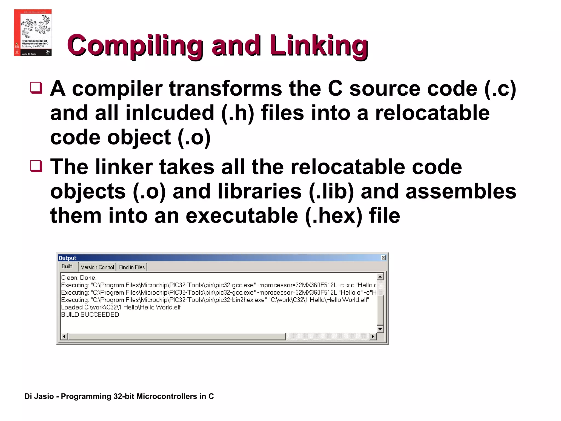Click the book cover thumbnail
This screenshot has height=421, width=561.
pos(33,33)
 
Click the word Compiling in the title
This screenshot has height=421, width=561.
pos(134,45)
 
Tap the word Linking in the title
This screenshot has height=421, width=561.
pos(319,45)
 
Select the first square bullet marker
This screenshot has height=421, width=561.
pos(36,88)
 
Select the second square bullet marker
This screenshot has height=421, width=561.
pos(36,166)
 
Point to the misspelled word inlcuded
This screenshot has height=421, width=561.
pos(170,113)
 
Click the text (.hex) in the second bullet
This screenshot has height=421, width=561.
pos(333,216)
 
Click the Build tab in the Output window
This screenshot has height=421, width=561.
pos(67,266)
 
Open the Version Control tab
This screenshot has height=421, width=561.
pos(97,267)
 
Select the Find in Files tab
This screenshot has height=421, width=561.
pos(132,267)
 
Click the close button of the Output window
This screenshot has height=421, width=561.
pos(383,258)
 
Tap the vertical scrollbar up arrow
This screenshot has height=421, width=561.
pos(380,277)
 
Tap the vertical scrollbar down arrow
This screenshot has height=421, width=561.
pos(380,329)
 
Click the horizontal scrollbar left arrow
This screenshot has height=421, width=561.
pos(64,336)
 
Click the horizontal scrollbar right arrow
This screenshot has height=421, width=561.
pos(373,336)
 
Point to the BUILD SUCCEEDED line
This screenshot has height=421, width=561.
pos(90,315)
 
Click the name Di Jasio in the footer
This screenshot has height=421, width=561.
pos(39,396)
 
